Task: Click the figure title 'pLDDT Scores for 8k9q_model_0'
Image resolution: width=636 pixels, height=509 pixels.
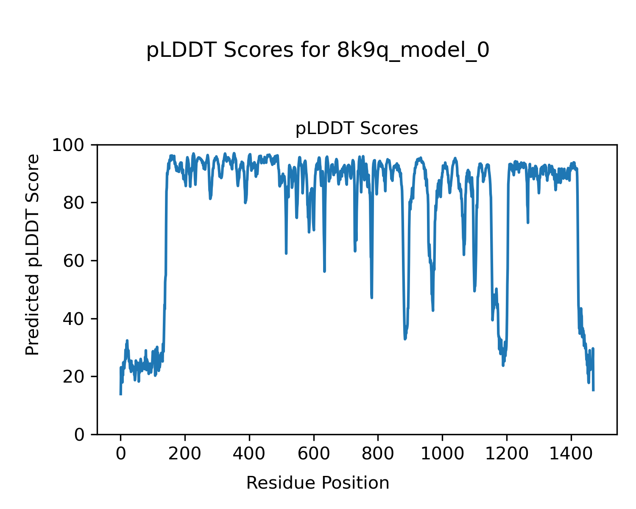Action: click(x=318, y=51)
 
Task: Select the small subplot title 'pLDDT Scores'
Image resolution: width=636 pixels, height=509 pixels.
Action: click(x=357, y=129)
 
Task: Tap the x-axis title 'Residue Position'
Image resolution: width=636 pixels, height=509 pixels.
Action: click(x=318, y=483)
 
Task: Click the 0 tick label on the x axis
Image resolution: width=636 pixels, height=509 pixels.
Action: click(x=121, y=454)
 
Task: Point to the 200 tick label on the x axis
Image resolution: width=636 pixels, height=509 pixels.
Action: click(x=185, y=454)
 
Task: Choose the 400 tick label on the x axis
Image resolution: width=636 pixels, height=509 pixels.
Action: click(x=249, y=454)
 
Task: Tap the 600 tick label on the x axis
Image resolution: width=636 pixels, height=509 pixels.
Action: click(x=314, y=454)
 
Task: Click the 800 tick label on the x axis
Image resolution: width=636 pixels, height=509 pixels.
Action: click(x=378, y=454)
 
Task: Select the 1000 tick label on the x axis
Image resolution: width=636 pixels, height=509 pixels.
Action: click(x=442, y=454)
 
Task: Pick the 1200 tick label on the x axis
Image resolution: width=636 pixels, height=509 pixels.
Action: click(x=507, y=454)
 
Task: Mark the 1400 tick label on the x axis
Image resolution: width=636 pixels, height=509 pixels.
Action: click(x=571, y=454)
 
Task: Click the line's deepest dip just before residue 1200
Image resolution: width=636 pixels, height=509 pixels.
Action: click(x=503, y=365)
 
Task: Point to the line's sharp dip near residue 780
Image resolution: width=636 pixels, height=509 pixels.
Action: click(x=371, y=297)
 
